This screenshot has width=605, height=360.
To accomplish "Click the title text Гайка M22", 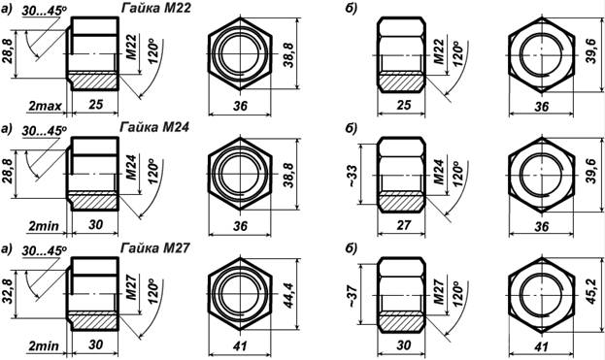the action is coord(156,8).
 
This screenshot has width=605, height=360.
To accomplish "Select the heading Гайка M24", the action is coord(154,127).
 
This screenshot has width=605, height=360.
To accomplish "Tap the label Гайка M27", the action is coord(155,247).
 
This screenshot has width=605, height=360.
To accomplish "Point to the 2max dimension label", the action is coord(45,106).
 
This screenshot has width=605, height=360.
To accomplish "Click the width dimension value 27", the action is coord(404,224).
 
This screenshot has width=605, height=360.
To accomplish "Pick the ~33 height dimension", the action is coord(353,176).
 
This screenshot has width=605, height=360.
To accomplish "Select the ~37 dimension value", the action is coord(353,296).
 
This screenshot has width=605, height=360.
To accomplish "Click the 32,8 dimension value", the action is coord(8,291).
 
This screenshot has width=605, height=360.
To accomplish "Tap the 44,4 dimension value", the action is coord(288,295).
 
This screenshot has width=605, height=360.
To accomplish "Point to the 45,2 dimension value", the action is coord(591,291).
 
